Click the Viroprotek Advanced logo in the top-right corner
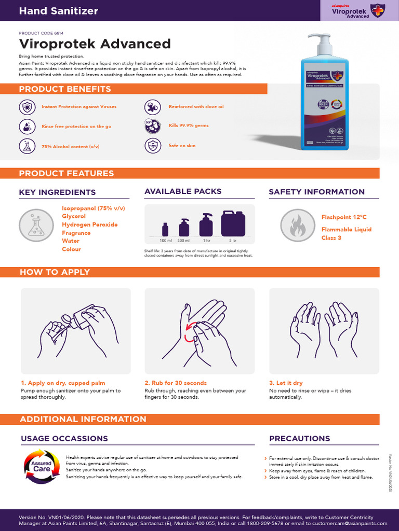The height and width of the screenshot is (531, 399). tap(359, 10)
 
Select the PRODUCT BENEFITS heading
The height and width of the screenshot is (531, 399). tap(65, 89)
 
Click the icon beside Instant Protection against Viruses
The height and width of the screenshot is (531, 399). tap(26, 107)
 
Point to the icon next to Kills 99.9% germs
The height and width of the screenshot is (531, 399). tap(152, 126)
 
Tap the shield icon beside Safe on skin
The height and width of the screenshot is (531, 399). tap(152, 146)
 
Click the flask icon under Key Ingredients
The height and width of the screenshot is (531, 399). tap(36, 225)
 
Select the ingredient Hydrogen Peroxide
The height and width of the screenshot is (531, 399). tap(90, 225)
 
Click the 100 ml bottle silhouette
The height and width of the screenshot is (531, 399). tap(165, 229)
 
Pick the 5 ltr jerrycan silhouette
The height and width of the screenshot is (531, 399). tap(233, 223)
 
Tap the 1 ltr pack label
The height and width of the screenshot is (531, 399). tap(206, 241)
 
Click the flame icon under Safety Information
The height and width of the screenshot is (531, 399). tap(297, 225)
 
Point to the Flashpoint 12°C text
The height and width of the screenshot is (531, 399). tap(344, 217)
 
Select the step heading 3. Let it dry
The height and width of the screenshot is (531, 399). tap(286, 383)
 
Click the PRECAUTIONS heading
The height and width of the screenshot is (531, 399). tap(300, 439)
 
